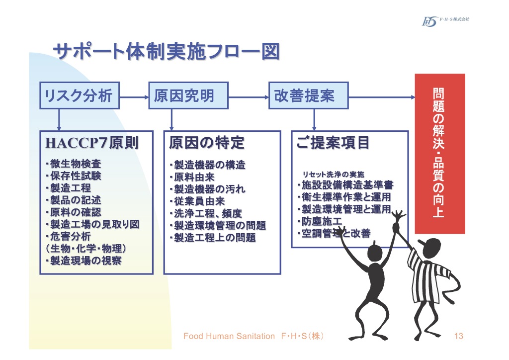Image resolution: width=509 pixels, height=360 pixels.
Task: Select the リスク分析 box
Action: click(79, 95)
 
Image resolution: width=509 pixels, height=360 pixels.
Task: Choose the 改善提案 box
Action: click(308, 95)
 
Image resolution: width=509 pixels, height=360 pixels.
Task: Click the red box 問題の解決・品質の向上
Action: click(439, 154)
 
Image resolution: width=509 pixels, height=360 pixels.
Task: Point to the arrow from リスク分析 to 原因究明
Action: click(134, 96)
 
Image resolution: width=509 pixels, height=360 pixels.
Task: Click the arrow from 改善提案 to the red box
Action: click(381, 96)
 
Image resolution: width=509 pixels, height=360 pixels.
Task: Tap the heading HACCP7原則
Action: click(92, 143)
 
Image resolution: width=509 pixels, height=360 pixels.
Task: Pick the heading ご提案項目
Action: click(333, 143)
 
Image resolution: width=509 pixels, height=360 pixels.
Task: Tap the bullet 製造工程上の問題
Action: click(213, 238)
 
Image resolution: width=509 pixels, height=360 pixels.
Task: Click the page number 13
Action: click(458, 337)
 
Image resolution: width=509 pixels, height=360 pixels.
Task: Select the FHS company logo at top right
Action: click(445, 20)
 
